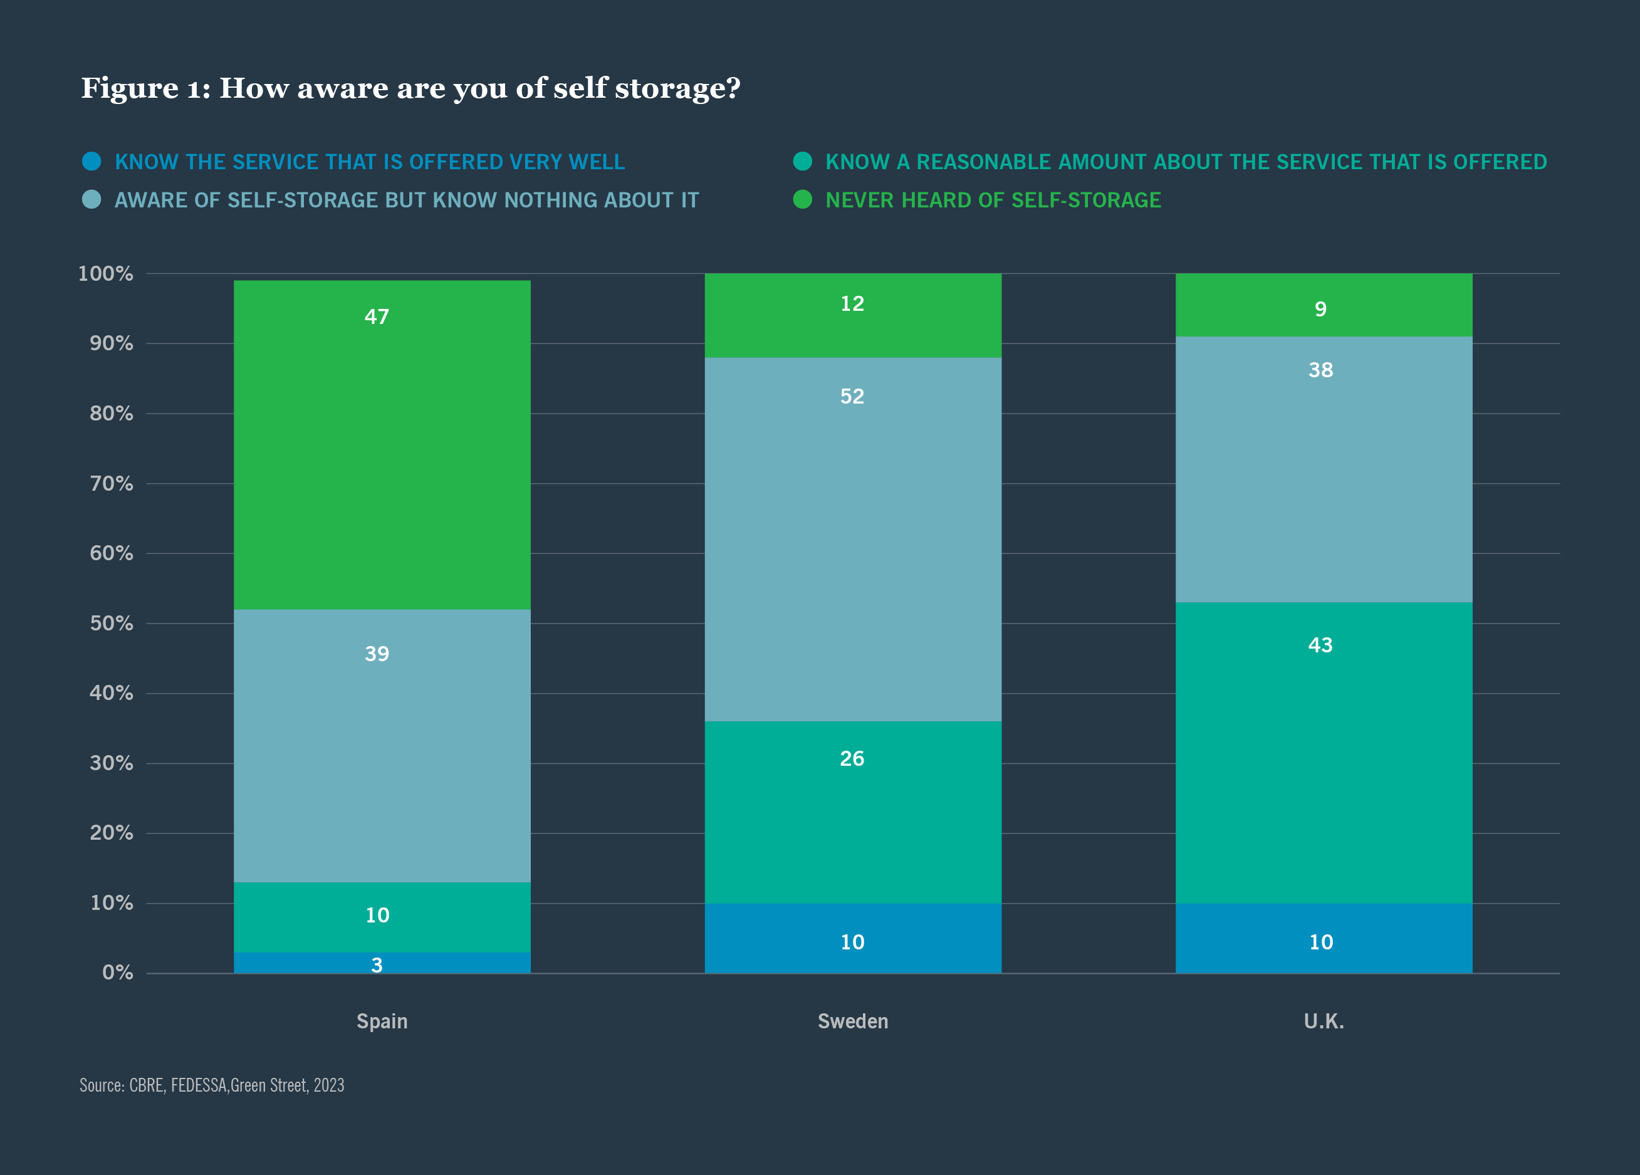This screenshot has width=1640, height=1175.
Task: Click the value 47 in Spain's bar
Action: point(377,316)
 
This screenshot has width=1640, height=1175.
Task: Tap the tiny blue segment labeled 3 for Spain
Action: point(377,964)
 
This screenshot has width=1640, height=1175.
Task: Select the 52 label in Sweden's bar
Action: point(852,396)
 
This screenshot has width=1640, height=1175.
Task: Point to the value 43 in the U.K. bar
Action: point(1320,645)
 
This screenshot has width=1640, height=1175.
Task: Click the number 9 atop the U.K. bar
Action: point(1320,310)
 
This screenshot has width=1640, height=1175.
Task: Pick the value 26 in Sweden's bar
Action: point(852,758)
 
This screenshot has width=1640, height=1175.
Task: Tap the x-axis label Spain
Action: point(382,1021)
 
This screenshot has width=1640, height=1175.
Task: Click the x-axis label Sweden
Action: point(852,1021)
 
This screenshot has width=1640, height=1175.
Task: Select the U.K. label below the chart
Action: point(1324,1021)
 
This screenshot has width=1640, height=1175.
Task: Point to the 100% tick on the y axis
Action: point(105,274)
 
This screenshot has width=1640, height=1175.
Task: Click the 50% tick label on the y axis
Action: point(112,624)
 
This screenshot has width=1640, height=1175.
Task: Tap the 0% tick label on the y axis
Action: point(117,973)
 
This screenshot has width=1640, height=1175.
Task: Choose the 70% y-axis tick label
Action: point(112,484)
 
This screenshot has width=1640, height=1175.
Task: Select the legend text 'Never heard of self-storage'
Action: point(993,201)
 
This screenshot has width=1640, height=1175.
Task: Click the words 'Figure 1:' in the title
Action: point(145,88)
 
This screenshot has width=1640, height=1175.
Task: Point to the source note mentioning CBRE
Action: point(212,1085)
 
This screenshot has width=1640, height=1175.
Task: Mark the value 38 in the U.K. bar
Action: point(1320,370)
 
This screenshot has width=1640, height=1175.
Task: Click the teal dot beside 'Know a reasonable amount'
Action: point(803,161)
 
